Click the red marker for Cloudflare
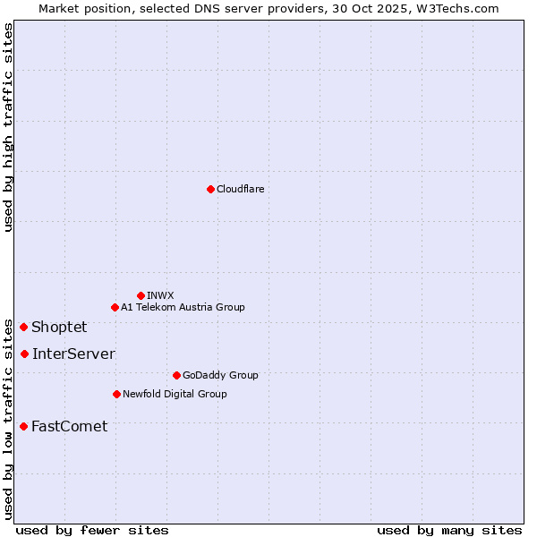point(210,189)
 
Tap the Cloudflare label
point(240,189)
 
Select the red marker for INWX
point(141,295)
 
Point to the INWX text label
point(160,295)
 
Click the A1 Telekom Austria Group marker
point(115,307)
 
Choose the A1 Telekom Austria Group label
point(183,307)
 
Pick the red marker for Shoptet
point(23,327)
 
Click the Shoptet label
point(59,327)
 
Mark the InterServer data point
point(24,354)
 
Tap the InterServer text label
point(73,354)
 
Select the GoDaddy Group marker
point(176,375)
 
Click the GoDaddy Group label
point(220,375)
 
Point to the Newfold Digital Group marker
point(116,394)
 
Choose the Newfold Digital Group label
point(175,394)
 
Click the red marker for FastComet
point(23,426)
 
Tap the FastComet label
point(69,426)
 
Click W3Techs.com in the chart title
point(462,8)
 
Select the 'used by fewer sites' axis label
point(92,530)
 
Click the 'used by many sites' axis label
point(449,530)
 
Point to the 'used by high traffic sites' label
point(8,127)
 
